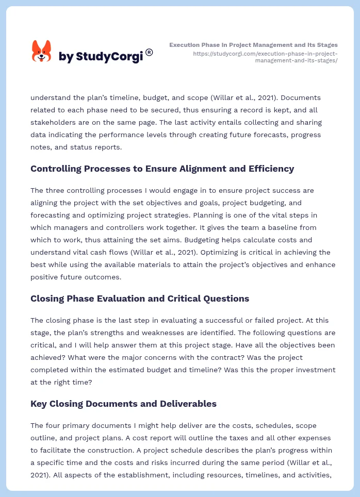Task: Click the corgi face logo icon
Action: (42, 52)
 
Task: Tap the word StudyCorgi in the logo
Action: (109, 57)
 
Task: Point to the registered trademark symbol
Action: (149, 52)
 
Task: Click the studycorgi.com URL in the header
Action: (265, 57)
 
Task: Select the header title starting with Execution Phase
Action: (253, 45)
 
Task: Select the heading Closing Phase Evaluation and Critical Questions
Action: (140, 299)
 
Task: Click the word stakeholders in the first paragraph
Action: (53, 122)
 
